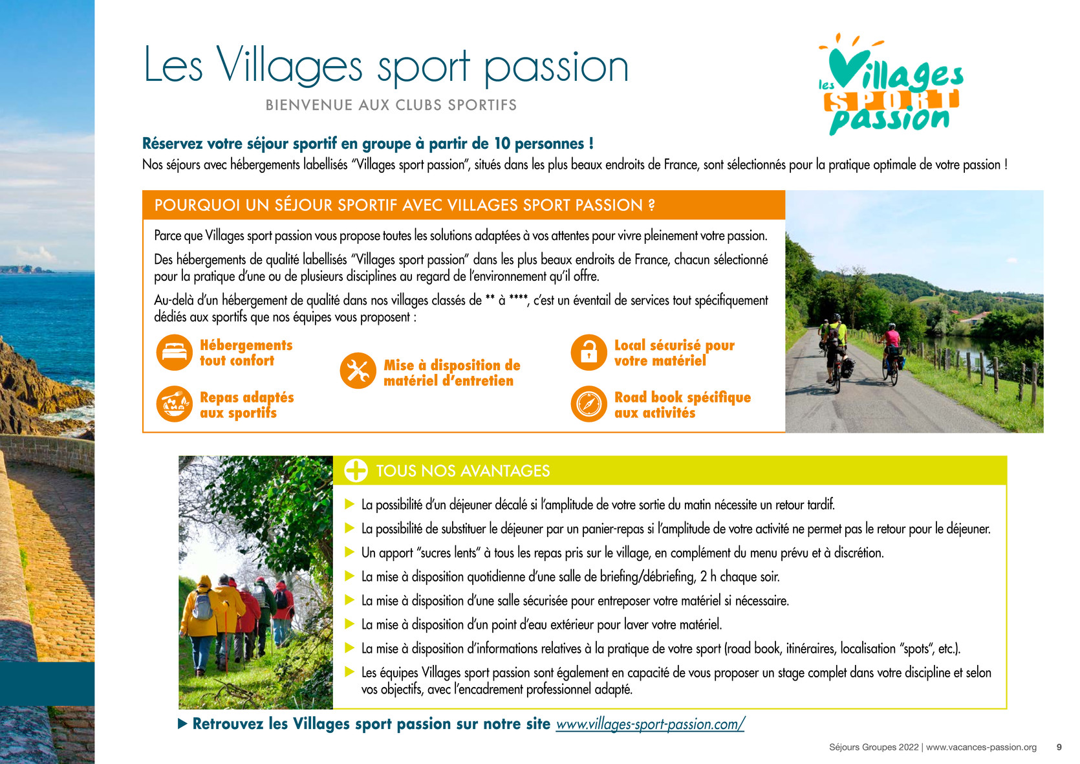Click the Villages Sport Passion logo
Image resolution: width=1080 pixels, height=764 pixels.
[891, 84]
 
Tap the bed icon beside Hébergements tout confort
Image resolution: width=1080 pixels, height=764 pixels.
[175, 353]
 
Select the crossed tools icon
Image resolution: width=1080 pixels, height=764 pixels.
[358, 371]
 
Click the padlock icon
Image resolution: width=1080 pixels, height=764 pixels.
[589, 353]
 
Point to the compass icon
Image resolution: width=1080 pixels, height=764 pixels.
[589, 404]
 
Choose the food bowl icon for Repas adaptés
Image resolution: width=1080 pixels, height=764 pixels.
[175, 404]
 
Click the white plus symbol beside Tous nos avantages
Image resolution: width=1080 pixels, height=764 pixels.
[356, 470]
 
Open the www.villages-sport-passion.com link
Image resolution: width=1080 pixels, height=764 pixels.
[650, 725]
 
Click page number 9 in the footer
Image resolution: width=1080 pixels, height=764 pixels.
[1059, 747]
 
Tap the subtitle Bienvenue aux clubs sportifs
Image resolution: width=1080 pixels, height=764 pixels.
[391, 105]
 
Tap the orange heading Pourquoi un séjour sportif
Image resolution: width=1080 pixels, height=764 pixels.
[405, 206]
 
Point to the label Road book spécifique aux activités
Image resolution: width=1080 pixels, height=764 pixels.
[682, 405]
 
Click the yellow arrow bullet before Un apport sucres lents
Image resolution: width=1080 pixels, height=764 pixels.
[350, 552]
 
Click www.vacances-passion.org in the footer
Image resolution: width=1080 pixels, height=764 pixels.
[981, 747]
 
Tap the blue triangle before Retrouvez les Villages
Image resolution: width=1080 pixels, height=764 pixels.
[183, 723]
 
